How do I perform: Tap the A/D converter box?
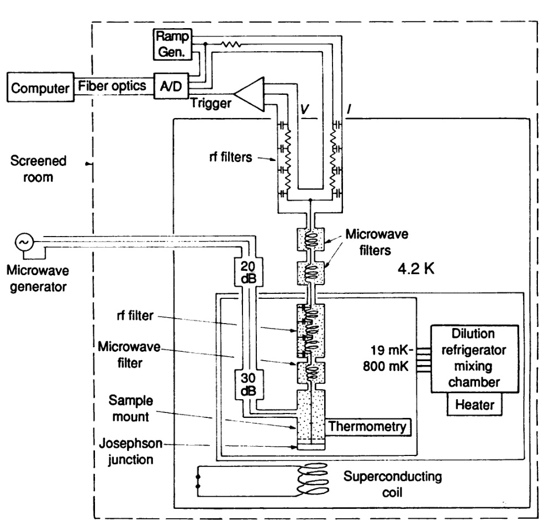[171, 85]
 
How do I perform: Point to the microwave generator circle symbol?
[25, 241]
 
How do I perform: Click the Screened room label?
[38, 169]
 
